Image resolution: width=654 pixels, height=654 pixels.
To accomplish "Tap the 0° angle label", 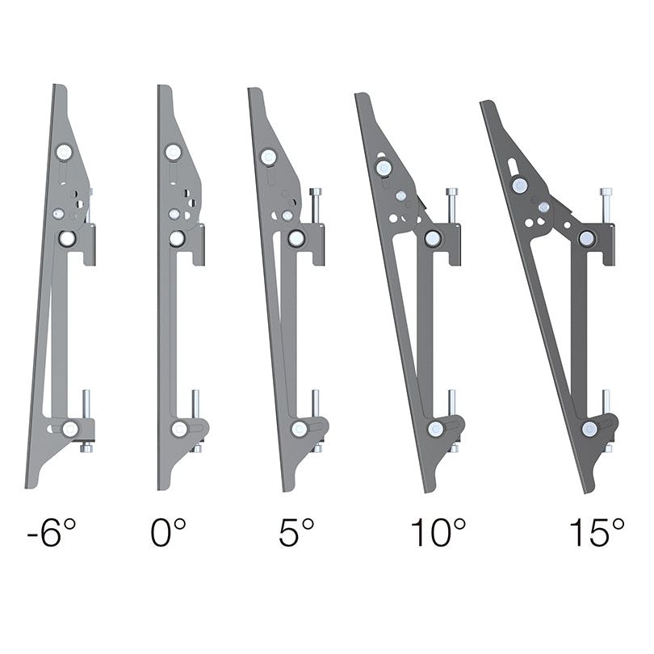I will point(168,534).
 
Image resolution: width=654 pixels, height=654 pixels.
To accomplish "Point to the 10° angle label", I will point(438,534).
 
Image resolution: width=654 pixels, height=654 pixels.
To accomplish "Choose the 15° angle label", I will point(597,534).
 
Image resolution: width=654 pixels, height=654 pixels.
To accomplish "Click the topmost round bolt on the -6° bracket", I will point(64,151).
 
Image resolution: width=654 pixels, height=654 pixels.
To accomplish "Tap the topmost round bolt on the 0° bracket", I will point(173,151).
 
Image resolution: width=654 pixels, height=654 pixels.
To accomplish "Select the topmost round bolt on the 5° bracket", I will point(269,157).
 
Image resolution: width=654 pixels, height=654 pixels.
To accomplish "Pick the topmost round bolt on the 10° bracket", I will point(384,167).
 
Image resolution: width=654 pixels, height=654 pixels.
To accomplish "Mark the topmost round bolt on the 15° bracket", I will point(520,185).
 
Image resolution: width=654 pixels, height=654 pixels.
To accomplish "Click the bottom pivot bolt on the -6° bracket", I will point(71,429).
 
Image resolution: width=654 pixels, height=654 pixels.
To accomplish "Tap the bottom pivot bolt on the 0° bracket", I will point(179,429).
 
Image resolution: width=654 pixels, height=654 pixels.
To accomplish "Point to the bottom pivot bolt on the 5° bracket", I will point(300,429).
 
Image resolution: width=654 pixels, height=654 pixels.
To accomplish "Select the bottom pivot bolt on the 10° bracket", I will point(437,429).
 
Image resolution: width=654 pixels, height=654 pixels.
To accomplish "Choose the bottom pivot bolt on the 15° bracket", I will point(590,429).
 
